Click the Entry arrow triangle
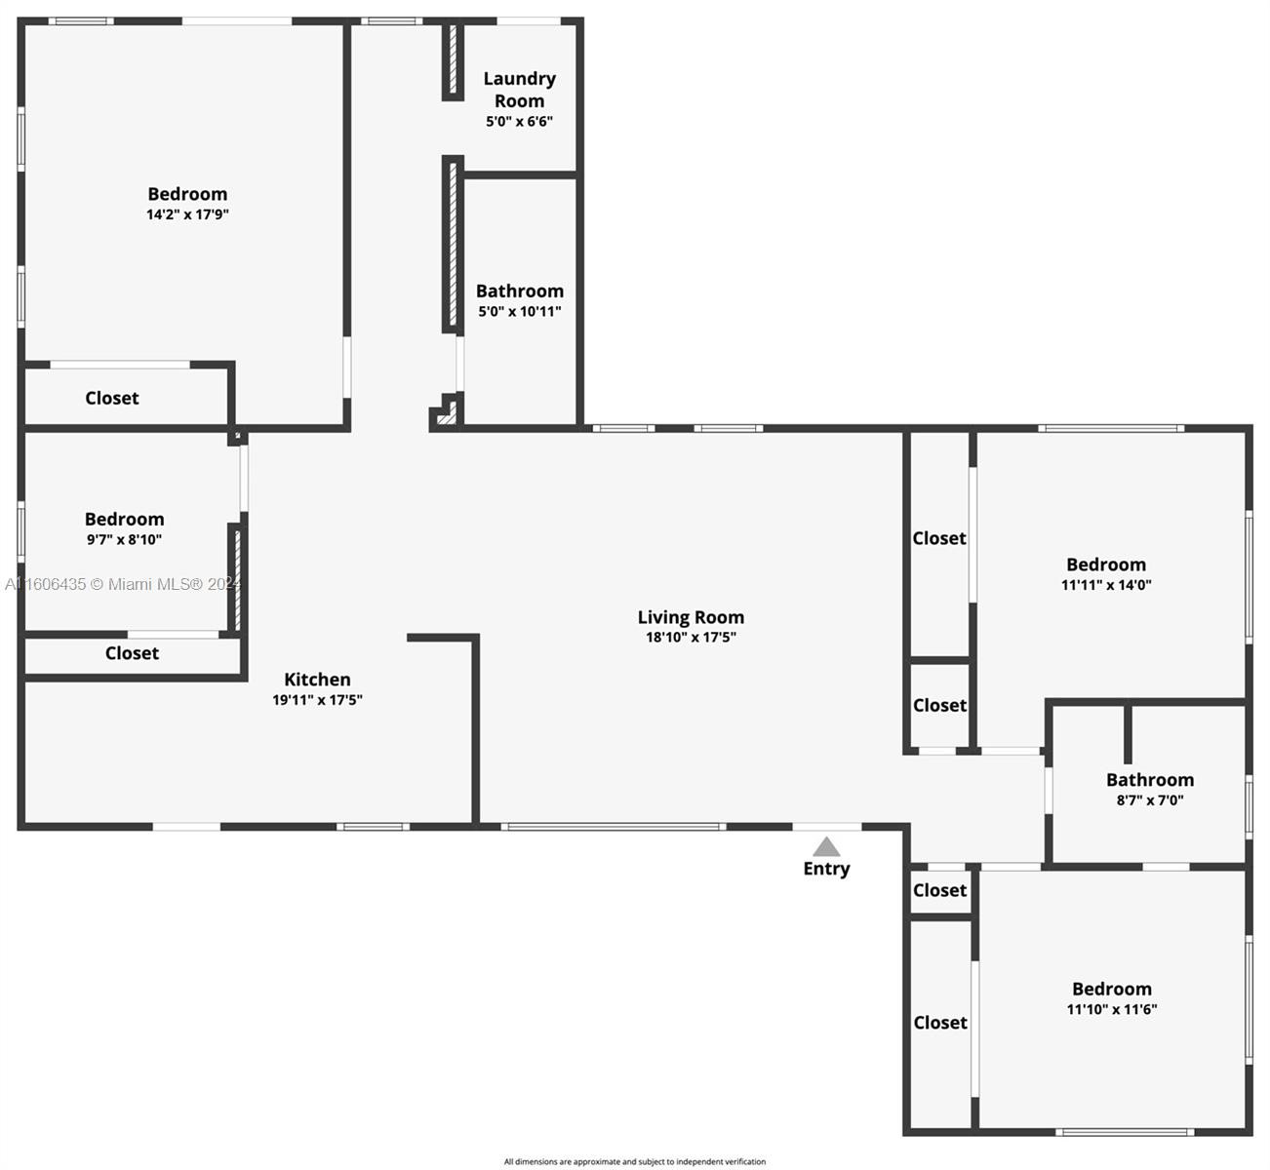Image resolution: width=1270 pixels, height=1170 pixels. pos(826,847)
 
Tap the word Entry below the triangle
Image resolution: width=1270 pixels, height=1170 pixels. pos(826,869)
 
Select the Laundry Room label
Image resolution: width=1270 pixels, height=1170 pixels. pos(519,90)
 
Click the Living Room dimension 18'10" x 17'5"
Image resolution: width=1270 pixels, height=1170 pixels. pos(691,637)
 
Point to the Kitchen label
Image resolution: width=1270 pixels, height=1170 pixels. pos(317,680)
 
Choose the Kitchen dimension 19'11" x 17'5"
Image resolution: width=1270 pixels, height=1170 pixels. pos(317,700)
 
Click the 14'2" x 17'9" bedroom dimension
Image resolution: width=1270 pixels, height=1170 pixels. pos(187,214)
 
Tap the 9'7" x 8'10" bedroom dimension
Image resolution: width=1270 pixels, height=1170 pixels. pos(124,539)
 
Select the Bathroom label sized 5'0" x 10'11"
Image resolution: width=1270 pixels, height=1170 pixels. pos(520,291)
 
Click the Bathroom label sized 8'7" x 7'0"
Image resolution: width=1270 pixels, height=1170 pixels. pos(1150,779)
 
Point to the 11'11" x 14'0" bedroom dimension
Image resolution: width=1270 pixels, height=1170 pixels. pos(1106,584)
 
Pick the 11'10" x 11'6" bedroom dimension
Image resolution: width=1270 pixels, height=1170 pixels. pos(1112,1009)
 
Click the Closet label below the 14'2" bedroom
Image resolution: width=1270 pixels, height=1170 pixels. pos(112,398)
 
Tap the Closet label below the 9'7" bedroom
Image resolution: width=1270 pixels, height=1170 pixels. pos(132,652)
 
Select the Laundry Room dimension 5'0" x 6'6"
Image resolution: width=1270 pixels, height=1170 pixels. pos(519,121)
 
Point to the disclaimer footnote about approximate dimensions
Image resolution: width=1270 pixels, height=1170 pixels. pos(634,1161)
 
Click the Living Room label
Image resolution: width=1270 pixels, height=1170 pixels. pos(691,616)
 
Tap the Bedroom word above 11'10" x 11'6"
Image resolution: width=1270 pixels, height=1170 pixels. pos(1112,989)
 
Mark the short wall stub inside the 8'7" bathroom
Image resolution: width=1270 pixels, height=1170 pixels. pos(1128,733)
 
